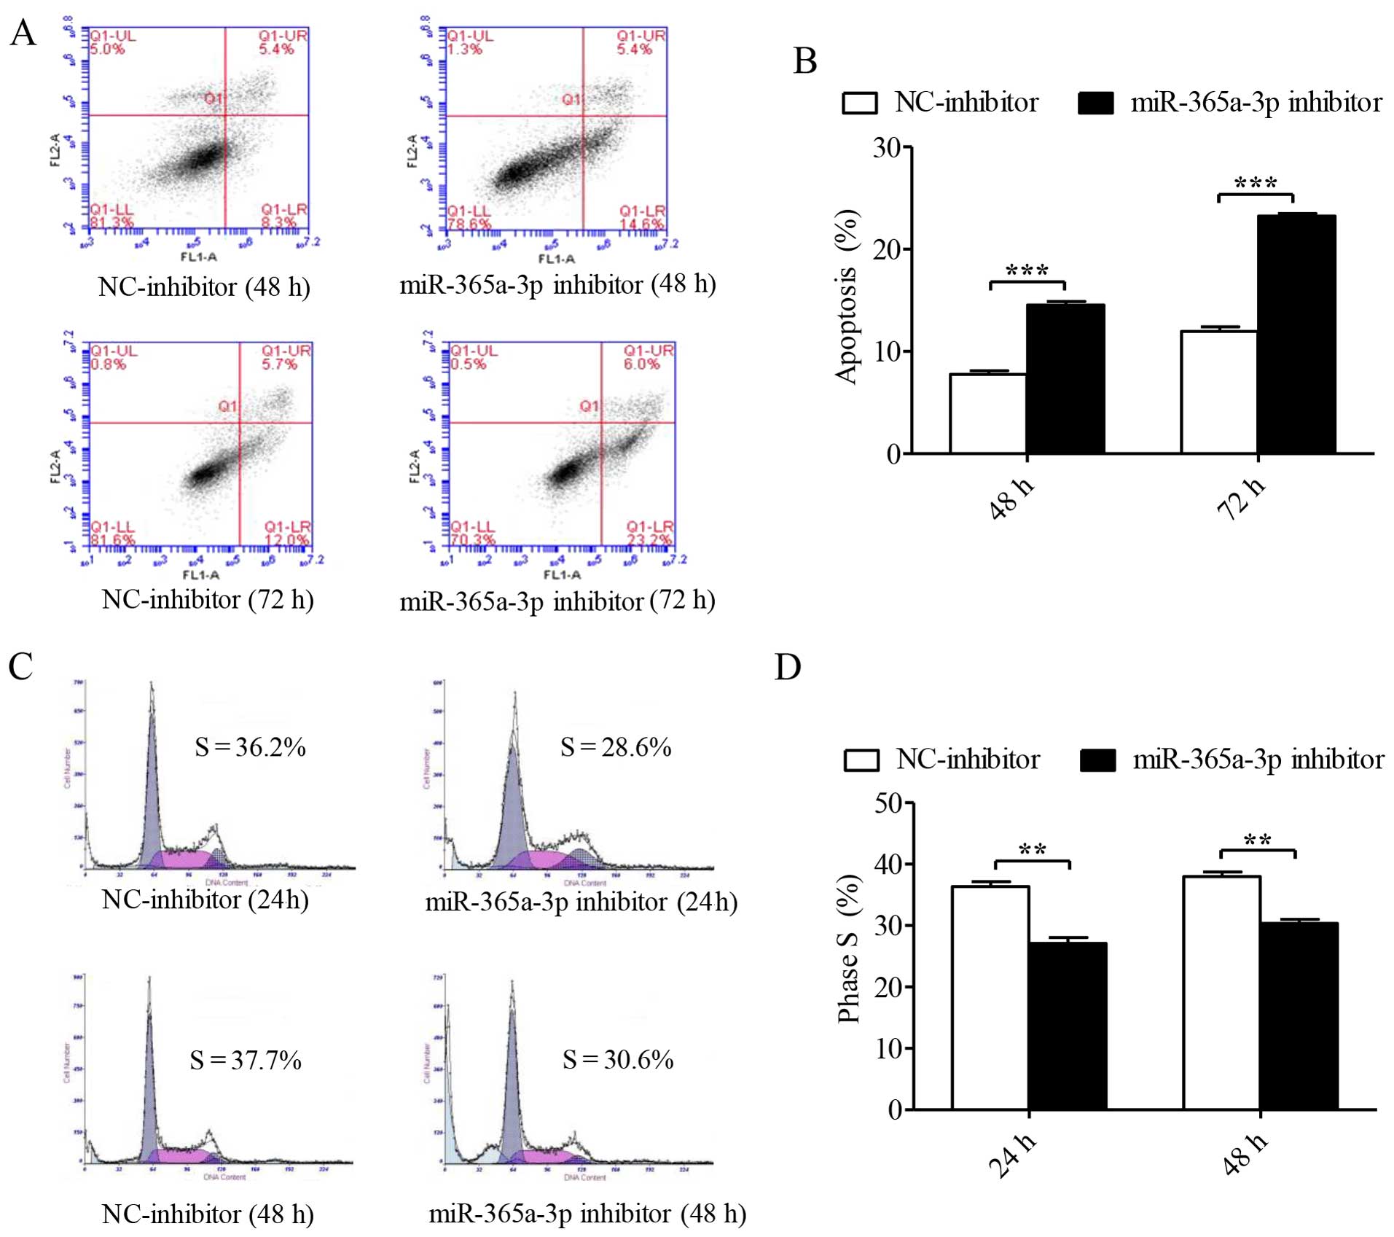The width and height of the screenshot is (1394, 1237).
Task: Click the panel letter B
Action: click(x=805, y=61)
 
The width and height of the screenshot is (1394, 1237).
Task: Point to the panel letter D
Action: click(x=788, y=667)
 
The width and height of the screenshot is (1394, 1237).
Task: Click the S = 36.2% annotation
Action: click(x=250, y=747)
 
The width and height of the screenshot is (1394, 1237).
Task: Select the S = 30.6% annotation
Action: click(x=618, y=1059)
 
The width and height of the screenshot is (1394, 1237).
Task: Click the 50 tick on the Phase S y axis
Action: click(x=888, y=803)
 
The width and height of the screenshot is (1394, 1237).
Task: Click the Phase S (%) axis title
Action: click(x=848, y=948)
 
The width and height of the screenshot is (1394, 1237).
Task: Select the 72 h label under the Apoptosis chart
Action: click(x=1242, y=499)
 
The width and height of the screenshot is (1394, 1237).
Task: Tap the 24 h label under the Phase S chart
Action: click(x=1011, y=1155)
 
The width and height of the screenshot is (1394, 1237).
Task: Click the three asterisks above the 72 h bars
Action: click(x=1256, y=182)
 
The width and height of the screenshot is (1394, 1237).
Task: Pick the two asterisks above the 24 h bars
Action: click(x=1033, y=850)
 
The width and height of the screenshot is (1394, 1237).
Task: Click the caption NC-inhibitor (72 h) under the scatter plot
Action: click(x=208, y=600)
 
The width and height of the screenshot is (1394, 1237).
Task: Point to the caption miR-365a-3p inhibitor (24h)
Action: click(x=582, y=902)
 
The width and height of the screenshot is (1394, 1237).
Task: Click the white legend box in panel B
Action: click(x=860, y=103)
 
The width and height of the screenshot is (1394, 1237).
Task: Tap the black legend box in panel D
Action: click(x=1097, y=760)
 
